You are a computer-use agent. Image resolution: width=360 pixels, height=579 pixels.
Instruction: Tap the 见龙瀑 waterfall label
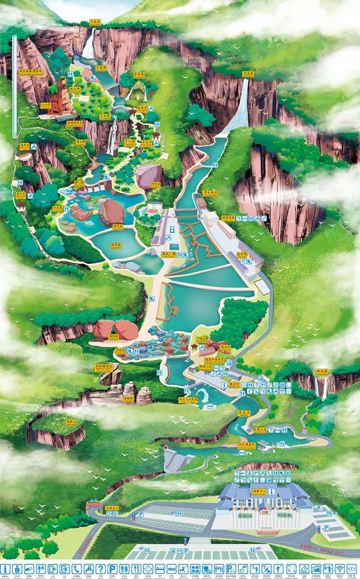(x=249, y=74)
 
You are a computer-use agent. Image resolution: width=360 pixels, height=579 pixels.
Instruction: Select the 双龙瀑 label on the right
(x=322, y=372)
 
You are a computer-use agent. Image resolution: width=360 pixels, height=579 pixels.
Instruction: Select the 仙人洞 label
(x=45, y=104)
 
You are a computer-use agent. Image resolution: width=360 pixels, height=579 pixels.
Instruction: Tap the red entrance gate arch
(x=94, y=508)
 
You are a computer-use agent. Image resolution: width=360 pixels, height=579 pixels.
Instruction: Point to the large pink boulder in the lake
(x=111, y=212)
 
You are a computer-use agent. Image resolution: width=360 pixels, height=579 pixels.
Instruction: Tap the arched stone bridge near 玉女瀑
(x=120, y=102)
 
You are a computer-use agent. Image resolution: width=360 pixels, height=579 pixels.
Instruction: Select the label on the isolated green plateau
(x=71, y=421)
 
